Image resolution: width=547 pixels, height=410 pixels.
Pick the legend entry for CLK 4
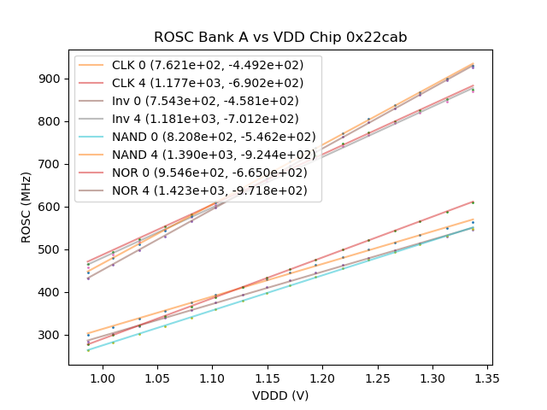point(214,83)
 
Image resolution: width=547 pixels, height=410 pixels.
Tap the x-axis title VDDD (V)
point(280,395)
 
